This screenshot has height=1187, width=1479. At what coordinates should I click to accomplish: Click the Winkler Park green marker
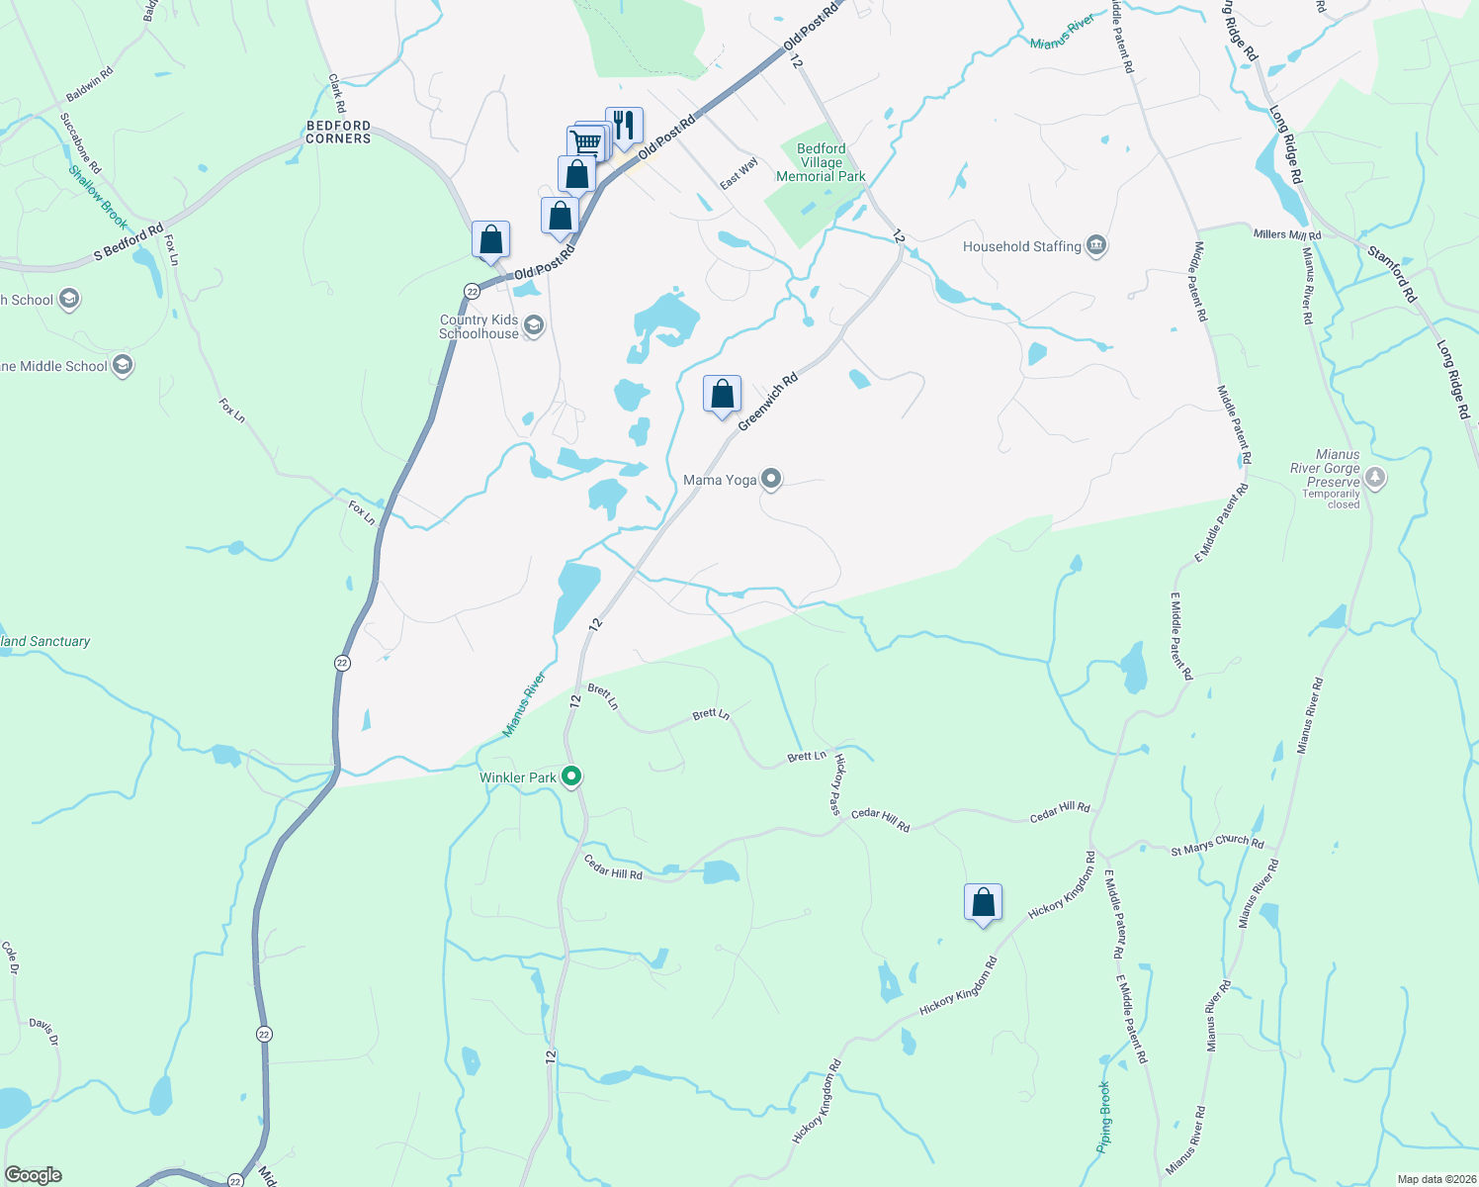click(571, 777)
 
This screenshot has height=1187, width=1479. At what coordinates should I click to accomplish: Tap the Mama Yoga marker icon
click(771, 480)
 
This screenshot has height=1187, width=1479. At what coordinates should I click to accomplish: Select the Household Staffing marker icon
click(1095, 246)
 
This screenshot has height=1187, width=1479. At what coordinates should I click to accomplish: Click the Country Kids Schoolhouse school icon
click(534, 325)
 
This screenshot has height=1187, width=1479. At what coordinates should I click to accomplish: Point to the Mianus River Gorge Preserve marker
click(1375, 479)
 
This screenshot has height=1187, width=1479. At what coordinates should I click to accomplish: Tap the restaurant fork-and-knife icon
click(624, 126)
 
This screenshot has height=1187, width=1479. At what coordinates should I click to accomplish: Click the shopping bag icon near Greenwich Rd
click(723, 394)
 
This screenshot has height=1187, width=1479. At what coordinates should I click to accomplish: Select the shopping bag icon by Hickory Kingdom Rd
click(983, 902)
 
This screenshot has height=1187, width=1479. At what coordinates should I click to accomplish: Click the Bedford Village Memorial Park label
click(821, 162)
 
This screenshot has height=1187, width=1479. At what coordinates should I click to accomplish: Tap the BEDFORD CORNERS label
click(338, 133)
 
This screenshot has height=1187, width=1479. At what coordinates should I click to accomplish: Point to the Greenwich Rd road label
click(768, 401)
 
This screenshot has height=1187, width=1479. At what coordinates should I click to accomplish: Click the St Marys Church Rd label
click(1217, 845)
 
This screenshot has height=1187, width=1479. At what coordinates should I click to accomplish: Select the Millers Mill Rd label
click(1287, 234)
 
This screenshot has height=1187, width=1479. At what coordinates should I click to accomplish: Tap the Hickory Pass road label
click(837, 783)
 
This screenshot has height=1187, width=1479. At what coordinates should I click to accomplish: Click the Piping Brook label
click(1104, 1117)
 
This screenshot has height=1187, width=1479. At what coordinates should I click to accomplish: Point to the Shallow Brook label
click(98, 196)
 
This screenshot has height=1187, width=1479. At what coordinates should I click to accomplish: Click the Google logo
click(34, 1175)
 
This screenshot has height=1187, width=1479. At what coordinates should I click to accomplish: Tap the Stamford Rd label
click(1392, 274)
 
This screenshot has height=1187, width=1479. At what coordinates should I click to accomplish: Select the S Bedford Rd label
click(129, 243)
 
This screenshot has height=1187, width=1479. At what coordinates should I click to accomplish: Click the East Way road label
click(739, 173)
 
